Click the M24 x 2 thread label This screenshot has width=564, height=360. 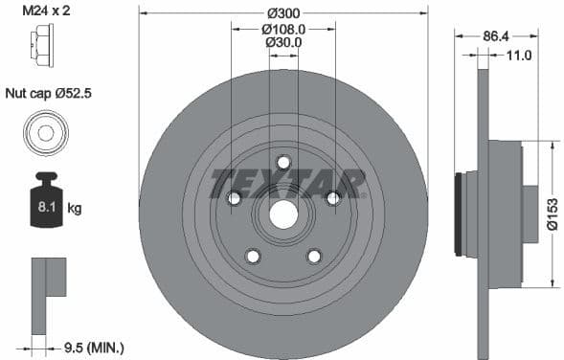pos(46,12)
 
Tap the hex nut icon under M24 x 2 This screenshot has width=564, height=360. pos(44,44)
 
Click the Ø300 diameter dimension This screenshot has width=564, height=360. pos(282,12)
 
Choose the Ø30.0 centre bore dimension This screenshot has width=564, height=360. pos(282,42)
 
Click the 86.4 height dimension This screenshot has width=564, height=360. pos(495,35)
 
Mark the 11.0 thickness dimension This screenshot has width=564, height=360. pos(518,56)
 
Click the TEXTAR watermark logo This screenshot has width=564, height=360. pos(287,182)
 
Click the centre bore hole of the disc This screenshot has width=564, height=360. pos(283,214)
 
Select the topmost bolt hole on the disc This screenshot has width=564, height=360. pos(283,162)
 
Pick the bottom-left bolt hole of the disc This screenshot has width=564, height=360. pos(253,256)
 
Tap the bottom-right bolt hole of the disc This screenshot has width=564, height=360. pos(314,256)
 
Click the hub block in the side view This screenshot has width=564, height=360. pos(505,214)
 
